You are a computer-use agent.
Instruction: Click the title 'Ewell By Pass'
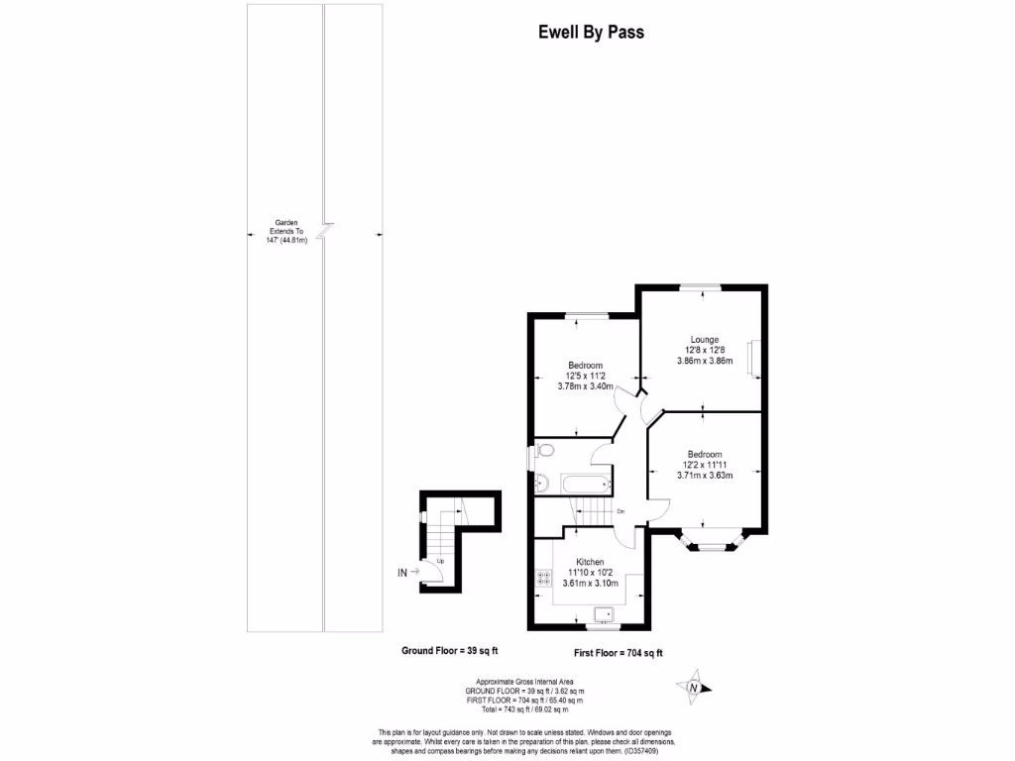coord(591,32)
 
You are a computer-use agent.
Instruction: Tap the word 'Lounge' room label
coord(704,339)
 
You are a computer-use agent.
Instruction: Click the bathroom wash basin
coord(539,483)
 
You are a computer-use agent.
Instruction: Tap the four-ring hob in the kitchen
coord(544,578)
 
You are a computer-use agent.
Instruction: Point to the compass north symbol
coord(694,687)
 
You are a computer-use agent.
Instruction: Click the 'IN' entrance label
coord(402,572)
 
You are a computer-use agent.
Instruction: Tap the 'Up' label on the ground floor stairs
coord(440,562)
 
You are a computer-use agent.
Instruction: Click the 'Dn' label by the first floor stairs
coord(620,511)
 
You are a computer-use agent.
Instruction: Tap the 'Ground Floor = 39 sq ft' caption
coord(449,651)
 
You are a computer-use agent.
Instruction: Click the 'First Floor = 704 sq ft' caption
coord(619,653)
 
